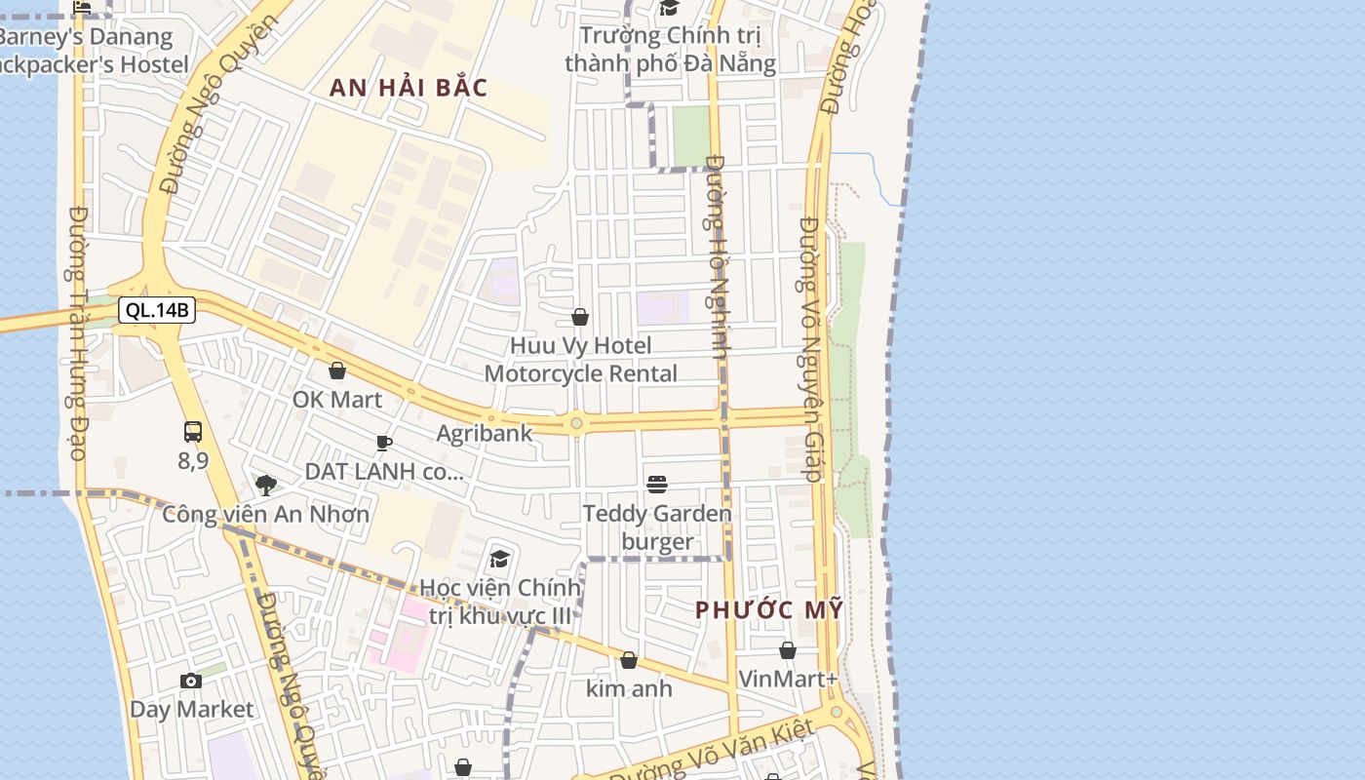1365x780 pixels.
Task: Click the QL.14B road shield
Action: click(157, 311)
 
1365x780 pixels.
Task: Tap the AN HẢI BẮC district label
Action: click(408, 87)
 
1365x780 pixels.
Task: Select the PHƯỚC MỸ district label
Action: click(769, 610)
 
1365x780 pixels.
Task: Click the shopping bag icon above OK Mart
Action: click(337, 370)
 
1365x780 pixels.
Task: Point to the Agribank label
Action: click(485, 434)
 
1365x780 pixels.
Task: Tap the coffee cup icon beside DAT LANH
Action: click(384, 444)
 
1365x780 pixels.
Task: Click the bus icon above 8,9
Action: click(193, 432)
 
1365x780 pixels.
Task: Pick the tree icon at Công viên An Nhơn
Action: click(265, 485)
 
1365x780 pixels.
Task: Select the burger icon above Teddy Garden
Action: click(657, 484)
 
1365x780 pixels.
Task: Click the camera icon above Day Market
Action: click(191, 681)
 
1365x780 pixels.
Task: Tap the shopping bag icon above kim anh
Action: click(629, 660)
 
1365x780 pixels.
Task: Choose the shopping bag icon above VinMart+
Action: click(788, 650)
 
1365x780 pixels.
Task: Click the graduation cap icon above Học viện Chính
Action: click(500, 559)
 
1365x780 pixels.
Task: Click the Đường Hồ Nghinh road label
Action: click(719, 257)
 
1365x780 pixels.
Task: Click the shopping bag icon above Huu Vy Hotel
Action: click(580, 317)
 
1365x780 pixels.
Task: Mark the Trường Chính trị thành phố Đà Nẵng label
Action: click(670, 50)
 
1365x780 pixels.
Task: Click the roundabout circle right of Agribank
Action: click(576, 423)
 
